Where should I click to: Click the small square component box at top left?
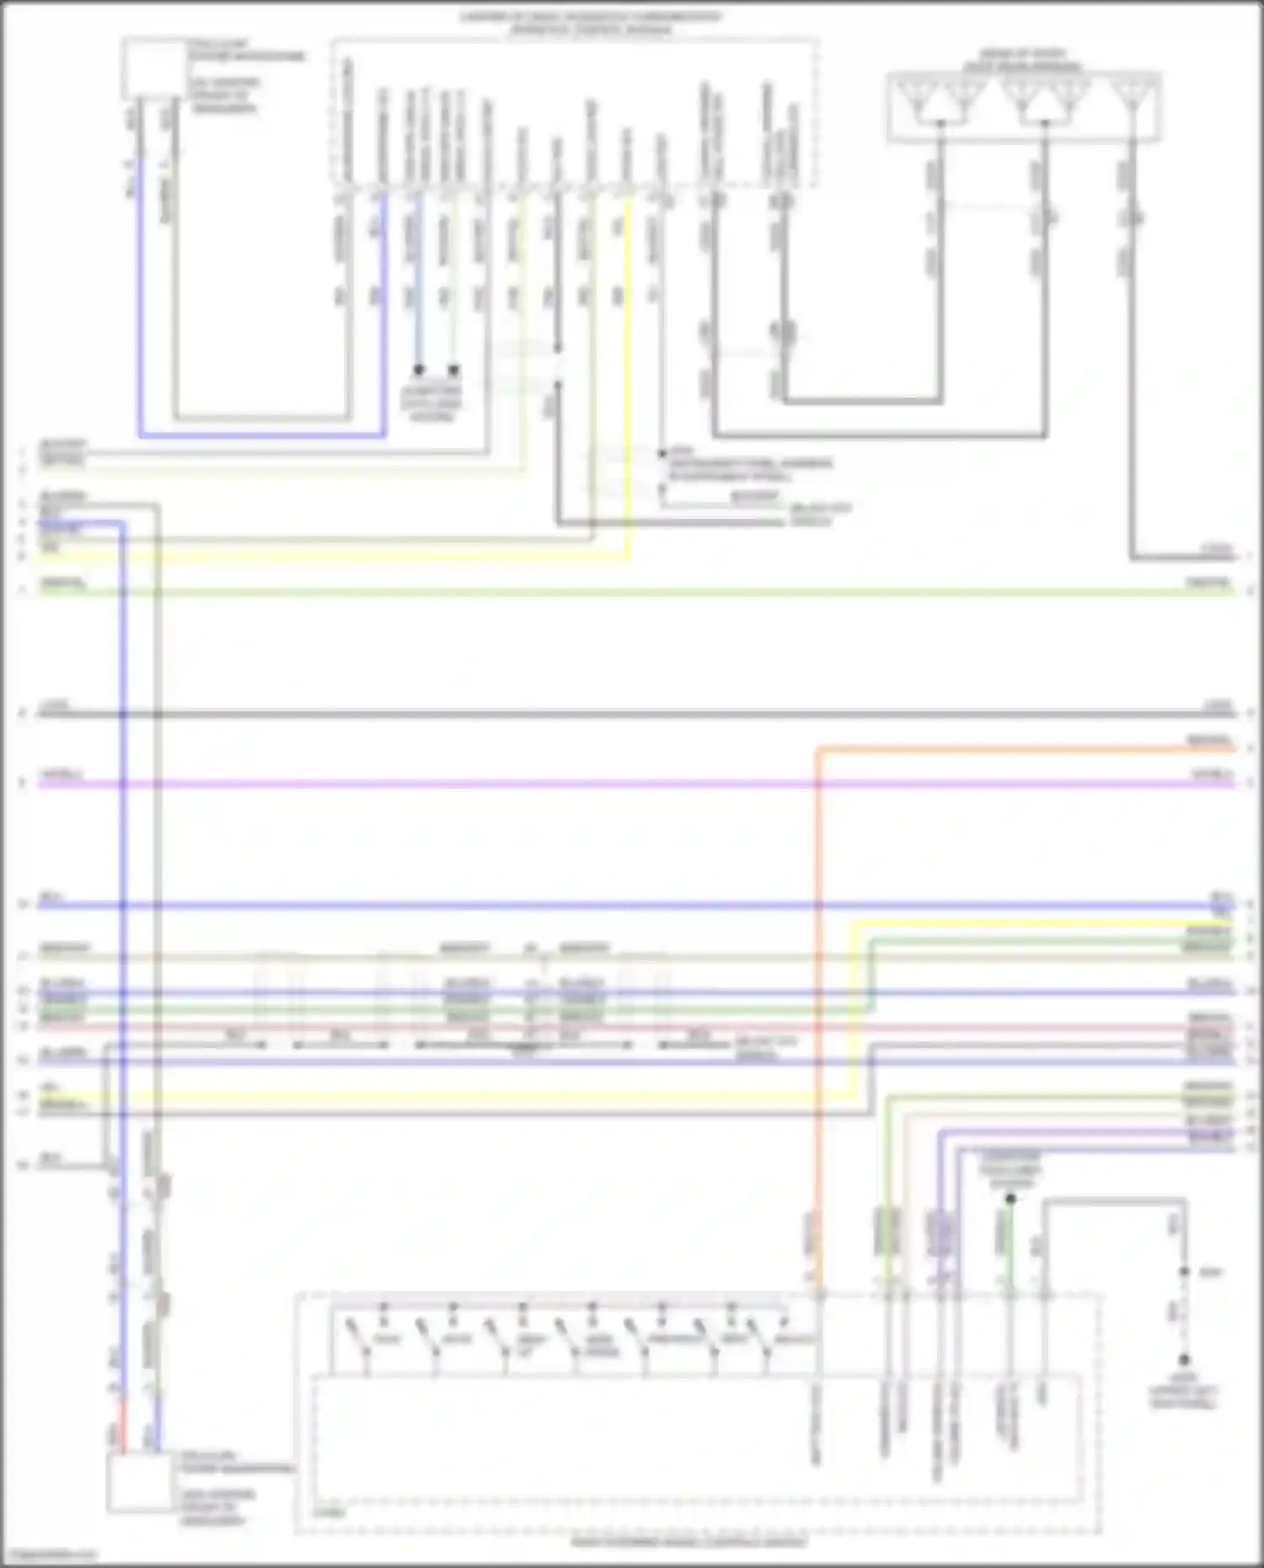153,68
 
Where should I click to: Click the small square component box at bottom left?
140,1482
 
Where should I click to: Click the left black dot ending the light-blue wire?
418,370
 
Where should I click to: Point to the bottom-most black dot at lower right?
1184,1360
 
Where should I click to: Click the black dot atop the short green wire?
1010,1198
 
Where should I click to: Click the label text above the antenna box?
1022,60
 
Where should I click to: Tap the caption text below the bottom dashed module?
688,1542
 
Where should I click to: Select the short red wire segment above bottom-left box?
123,1425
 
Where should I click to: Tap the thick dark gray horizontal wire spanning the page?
590,714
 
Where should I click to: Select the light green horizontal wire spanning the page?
590,593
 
